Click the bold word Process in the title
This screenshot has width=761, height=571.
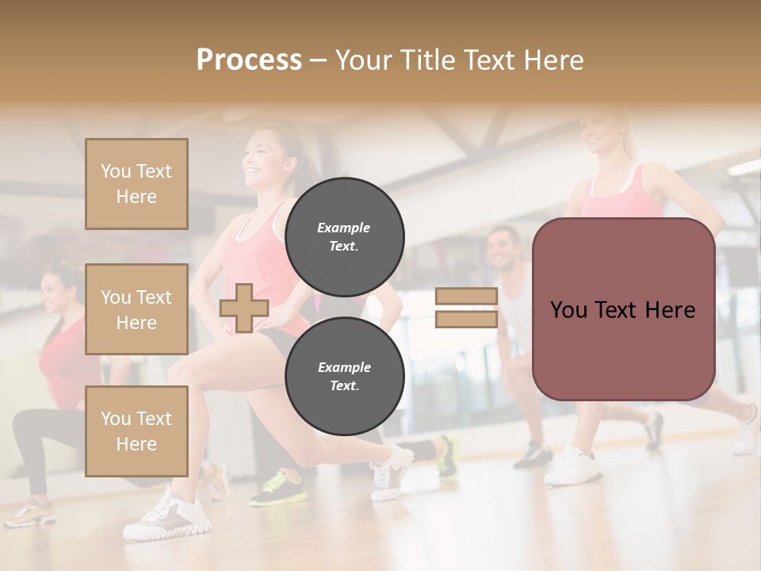click(x=249, y=60)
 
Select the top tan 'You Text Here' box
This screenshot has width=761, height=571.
click(x=136, y=184)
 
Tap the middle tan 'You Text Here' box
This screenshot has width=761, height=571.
click(x=136, y=309)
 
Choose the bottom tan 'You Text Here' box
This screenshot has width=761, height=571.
click(x=136, y=431)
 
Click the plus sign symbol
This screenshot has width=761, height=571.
click(x=244, y=308)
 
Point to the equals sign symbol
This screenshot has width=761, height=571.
click(x=466, y=308)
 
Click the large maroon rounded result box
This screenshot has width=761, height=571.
click(x=623, y=309)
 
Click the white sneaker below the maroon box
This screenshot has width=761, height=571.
click(x=572, y=466)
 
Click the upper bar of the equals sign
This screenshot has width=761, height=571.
click(x=466, y=297)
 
